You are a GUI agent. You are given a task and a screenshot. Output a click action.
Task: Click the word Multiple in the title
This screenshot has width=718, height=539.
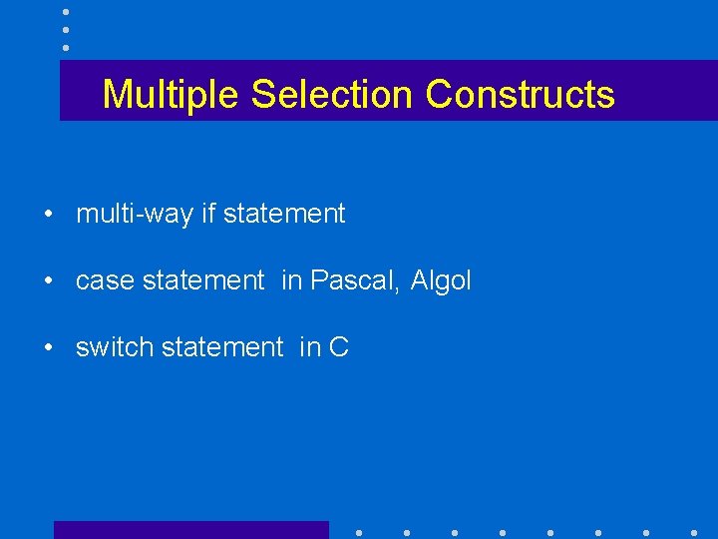pos(173,95)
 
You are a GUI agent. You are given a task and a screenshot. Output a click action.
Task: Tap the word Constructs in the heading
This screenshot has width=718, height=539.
pos(520,95)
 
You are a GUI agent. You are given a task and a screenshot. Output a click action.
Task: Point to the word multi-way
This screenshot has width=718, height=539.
pos(135,214)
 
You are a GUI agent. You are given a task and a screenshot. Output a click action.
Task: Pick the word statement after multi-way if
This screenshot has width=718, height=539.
pos(284,214)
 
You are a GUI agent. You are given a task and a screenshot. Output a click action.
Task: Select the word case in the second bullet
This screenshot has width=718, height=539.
pos(106,281)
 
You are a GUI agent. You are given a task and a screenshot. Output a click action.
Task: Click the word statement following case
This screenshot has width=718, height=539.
pos(203,281)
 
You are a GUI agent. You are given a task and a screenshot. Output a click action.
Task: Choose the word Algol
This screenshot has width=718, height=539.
pos(441,281)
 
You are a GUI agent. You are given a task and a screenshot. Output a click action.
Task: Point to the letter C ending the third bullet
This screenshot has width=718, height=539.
pos(339,347)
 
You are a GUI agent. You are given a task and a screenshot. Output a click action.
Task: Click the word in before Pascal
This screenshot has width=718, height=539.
pos(291,281)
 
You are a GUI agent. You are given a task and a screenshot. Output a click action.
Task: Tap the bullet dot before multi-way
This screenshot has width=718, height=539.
pos(47,215)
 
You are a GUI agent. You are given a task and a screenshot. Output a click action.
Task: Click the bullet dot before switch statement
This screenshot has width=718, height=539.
pos(47,348)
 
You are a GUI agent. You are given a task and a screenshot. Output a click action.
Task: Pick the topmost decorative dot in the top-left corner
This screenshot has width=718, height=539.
pos(65,11)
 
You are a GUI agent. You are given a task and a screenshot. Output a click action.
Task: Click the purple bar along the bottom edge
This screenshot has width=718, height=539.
pos(190,530)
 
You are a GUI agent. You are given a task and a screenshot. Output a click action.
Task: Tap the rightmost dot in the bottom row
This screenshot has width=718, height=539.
pos(693,532)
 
